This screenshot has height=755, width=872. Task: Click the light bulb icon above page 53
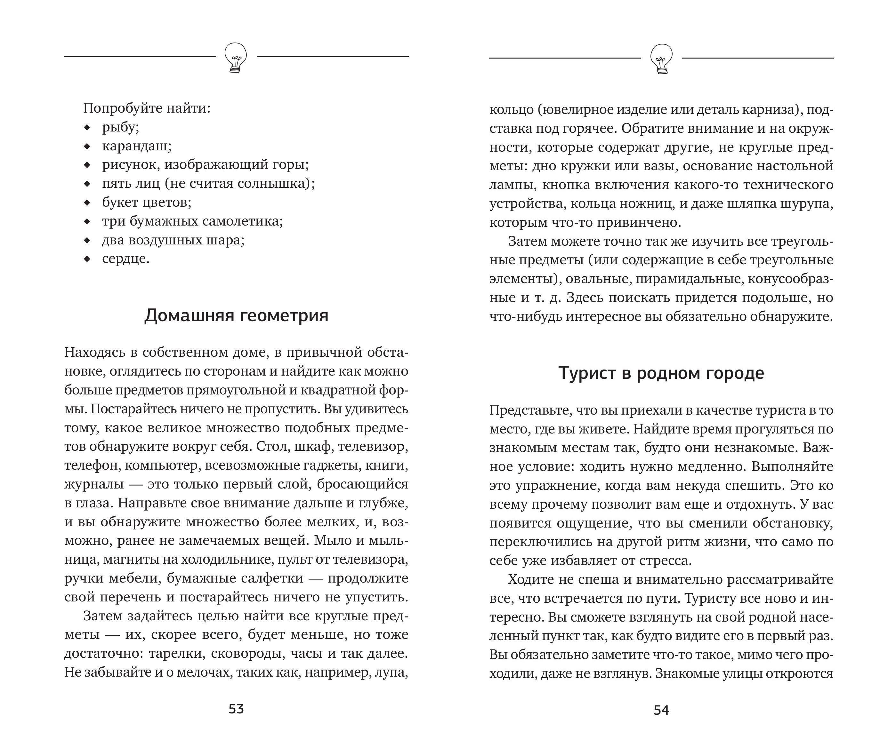235,57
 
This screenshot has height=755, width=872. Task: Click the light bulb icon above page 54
661,58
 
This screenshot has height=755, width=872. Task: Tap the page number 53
236,709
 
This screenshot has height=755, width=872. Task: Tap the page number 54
661,710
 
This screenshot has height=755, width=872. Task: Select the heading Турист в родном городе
661,373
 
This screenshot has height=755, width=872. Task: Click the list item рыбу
120,127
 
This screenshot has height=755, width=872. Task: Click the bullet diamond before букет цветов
87,203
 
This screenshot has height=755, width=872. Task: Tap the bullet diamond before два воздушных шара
87,241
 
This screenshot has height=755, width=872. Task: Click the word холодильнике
226,560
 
